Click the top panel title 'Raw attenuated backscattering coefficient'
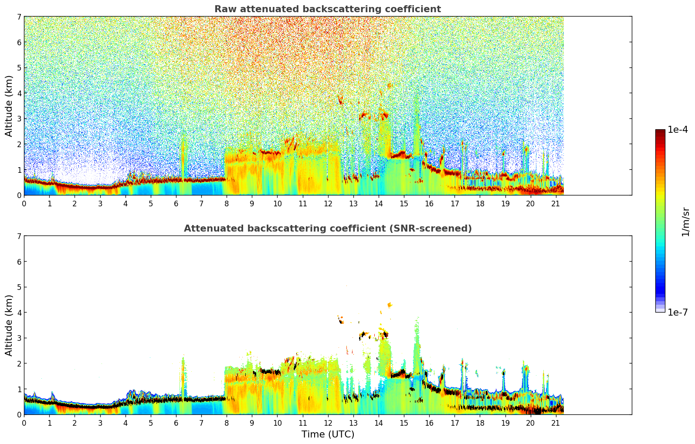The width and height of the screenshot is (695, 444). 327,9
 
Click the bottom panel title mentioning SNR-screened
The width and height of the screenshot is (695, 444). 327,229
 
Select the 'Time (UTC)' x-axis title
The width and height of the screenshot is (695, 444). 328,434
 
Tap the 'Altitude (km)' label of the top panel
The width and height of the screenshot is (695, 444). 9,106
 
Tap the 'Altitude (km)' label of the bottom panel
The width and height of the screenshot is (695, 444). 9,325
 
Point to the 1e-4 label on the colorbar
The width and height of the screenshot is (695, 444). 678,130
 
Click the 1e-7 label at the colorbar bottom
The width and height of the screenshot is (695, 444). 678,312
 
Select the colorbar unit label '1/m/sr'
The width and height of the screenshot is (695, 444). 685,222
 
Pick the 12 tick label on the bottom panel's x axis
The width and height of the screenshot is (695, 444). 328,423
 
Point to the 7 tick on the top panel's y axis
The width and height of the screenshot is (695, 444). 19,17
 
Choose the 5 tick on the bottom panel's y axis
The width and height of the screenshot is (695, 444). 19,287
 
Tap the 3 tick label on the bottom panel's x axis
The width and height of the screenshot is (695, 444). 100,423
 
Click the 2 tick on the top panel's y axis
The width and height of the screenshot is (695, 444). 19,144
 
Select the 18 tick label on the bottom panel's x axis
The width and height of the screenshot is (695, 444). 480,423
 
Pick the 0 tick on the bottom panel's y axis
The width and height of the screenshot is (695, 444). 19,415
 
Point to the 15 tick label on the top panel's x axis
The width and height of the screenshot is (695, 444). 404,204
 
